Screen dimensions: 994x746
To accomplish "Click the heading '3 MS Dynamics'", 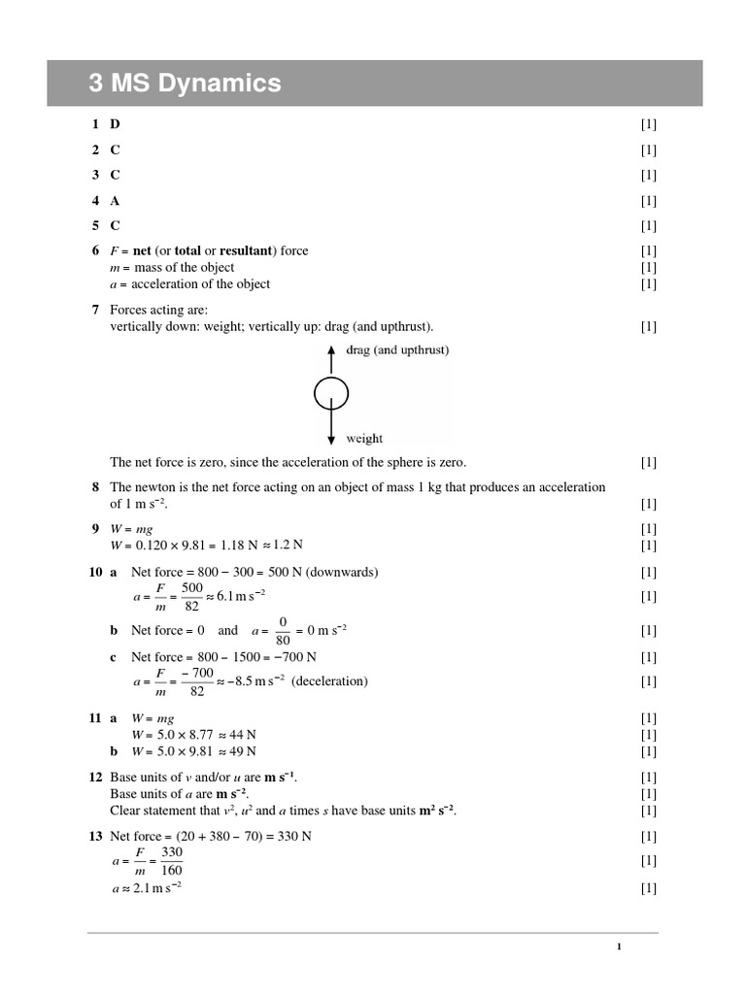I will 185,83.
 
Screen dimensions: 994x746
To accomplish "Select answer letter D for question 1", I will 116,124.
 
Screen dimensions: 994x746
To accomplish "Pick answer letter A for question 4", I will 116,201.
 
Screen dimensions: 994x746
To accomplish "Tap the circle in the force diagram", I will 331,393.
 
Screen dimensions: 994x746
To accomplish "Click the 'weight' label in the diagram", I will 364,439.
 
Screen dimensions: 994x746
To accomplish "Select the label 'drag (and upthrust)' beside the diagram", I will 397,350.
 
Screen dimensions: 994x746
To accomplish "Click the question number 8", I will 95,487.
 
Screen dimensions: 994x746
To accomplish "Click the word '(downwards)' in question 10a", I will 344,571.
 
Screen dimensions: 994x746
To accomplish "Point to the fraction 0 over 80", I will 284,630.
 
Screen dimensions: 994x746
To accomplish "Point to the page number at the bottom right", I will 618,947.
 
